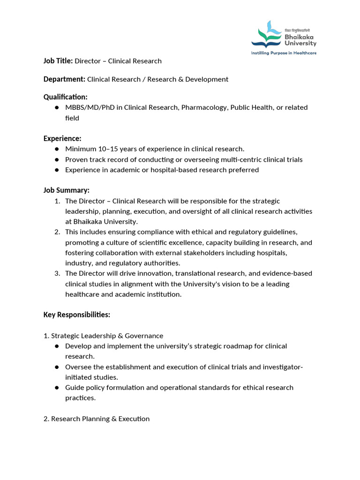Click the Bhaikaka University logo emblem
[x=267, y=35]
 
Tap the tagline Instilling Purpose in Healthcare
[x=284, y=53]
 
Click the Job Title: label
[x=58, y=61]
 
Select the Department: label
[x=64, y=79]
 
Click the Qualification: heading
[x=65, y=97]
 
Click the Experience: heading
[x=62, y=138]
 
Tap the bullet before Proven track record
[x=57, y=160]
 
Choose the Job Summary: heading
[x=66, y=190]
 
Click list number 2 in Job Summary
[x=57, y=232]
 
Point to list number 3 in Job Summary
[x=57, y=273]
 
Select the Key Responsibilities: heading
[x=77, y=315]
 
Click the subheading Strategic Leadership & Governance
[x=107, y=336]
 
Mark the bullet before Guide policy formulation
[x=57, y=388]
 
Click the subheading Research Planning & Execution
[x=100, y=419]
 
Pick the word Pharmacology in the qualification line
[x=203, y=107]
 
